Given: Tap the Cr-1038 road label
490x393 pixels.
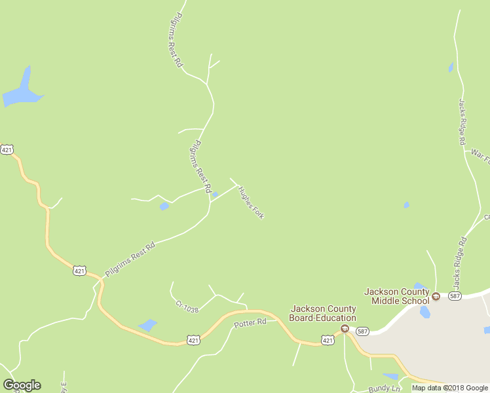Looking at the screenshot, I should click(x=187, y=306).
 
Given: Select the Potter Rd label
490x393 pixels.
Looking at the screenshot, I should click(x=250, y=322).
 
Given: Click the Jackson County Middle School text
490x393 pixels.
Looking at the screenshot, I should click(x=397, y=296).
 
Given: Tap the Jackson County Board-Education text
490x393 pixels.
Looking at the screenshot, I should click(x=323, y=313).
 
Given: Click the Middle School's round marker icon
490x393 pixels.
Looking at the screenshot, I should click(x=436, y=297).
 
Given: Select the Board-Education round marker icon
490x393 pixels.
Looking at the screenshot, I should click(x=345, y=329).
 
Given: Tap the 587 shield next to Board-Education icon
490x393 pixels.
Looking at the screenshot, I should click(x=362, y=331).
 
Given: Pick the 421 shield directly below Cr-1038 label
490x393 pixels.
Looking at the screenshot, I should click(x=193, y=340).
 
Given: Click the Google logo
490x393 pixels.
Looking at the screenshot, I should click(x=22, y=385).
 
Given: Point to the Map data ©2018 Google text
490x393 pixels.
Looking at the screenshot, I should click(x=450, y=388).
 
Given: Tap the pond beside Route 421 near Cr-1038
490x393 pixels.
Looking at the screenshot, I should click(x=148, y=325).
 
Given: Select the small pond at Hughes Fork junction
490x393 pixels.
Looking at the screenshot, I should click(x=215, y=195).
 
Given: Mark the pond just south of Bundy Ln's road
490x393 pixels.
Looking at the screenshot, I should click(x=390, y=377).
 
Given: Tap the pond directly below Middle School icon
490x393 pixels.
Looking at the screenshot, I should click(x=425, y=312).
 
